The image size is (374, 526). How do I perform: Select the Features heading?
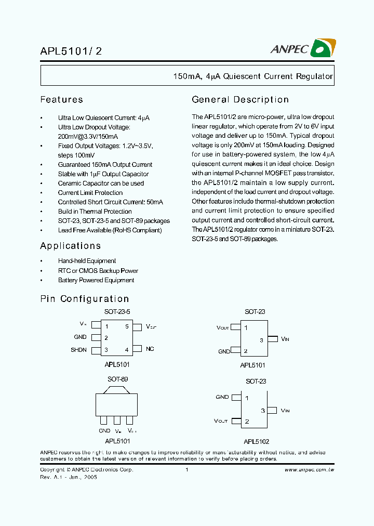point(61,100)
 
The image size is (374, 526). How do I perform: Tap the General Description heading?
point(240,100)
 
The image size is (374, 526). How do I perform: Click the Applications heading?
point(70,246)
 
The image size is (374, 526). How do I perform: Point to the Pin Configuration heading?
point(84,299)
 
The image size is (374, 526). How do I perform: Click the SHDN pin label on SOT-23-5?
point(79,350)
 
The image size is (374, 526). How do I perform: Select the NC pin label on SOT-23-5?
point(150,349)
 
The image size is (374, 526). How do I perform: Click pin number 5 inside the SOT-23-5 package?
point(127,327)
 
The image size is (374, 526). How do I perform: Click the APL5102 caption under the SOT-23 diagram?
point(255,441)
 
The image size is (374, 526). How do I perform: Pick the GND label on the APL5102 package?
point(222,397)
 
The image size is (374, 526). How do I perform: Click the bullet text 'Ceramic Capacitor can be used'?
point(101,183)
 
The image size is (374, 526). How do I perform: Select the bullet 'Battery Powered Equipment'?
point(96,280)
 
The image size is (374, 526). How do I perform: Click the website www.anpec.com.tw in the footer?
point(309,469)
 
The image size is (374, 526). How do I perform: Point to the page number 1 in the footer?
point(186,469)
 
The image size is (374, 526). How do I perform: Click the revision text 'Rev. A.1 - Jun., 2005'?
point(69,477)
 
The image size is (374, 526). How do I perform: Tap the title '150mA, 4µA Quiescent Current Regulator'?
point(253,76)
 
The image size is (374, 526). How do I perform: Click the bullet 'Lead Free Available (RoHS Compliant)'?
point(110,230)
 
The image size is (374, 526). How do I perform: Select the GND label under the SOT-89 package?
point(104,431)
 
